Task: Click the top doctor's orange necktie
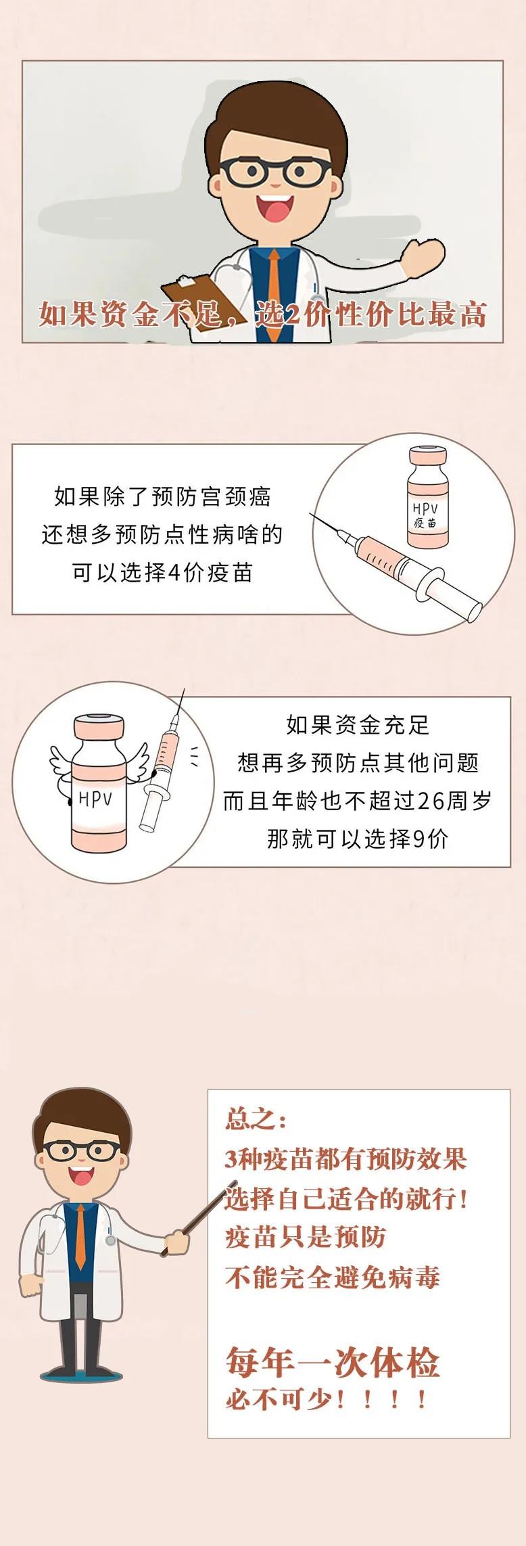point(274,284)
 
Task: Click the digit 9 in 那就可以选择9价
point(419,839)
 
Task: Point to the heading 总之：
point(256,1120)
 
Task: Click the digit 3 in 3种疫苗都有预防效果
point(231,1159)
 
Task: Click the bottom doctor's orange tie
point(80,1237)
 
